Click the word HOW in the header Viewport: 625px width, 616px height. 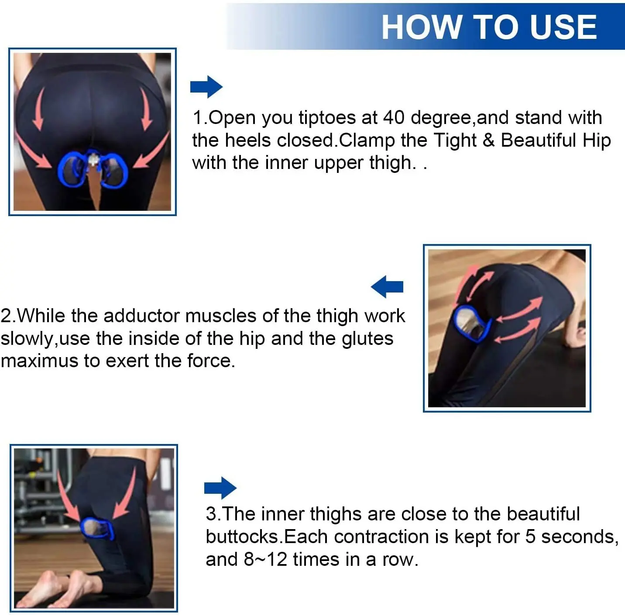click(x=422, y=27)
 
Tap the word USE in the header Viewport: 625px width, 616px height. click(x=564, y=27)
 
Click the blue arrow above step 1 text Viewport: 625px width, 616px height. click(x=206, y=86)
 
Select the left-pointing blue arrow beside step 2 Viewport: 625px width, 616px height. click(x=387, y=286)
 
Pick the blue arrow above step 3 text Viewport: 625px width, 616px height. click(x=220, y=488)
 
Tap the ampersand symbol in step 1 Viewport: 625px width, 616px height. click(x=488, y=141)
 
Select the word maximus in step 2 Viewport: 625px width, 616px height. click(x=39, y=361)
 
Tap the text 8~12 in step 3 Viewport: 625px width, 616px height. click(x=265, y=560)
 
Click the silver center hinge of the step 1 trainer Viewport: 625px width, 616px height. click(x=93, y=159)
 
